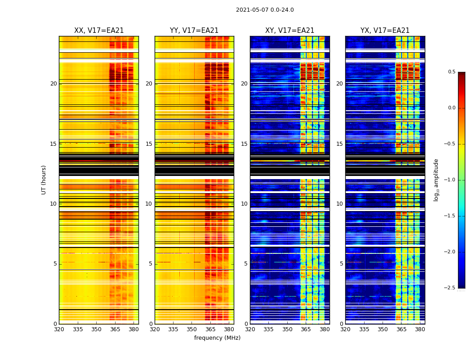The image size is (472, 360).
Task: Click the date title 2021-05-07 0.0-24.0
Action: point(265,10)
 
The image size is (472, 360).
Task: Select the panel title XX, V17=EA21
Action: point(99,31)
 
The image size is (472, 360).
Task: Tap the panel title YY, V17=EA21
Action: point(194,31)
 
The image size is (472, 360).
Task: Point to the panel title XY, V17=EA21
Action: point(289,31)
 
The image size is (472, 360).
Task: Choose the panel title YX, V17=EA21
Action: point(385,31)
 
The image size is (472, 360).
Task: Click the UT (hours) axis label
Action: point(44,180)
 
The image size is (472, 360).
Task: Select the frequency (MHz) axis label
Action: point(217,338)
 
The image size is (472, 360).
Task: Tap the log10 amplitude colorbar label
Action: point(436,180)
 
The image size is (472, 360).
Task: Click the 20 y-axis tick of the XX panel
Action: point(54,84)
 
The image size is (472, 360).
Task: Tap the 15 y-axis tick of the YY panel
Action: point(149,144)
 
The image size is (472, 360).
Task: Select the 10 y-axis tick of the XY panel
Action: point(245,204)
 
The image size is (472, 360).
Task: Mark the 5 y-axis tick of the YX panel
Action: point(342,264)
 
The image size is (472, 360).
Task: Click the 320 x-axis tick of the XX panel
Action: point(59,329)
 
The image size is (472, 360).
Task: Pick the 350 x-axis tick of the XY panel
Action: point(287,329)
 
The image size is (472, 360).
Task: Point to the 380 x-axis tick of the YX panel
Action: point(420,329)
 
